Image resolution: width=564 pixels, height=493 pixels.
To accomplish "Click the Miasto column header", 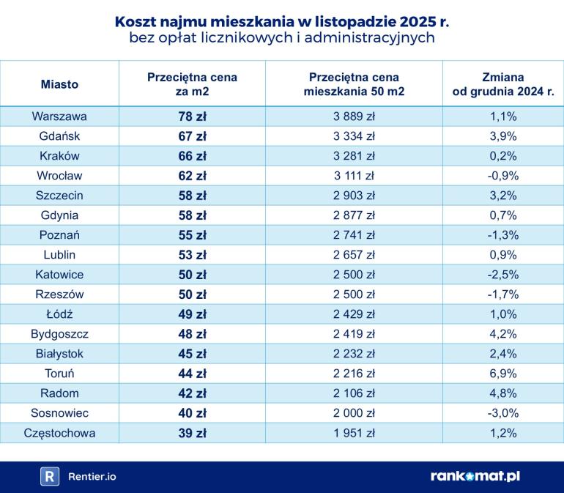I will [x=59, y=84].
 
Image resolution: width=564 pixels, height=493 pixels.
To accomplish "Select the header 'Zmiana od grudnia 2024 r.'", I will [x=503, y=84].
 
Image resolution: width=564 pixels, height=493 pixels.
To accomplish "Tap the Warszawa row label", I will [x=59, y=116].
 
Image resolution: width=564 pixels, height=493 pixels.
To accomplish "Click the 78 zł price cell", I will [x=192, y=116].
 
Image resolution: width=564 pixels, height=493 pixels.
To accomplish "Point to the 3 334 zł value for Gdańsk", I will [x=355, y=136].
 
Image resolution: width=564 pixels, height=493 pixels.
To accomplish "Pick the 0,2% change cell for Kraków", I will [x=503, y=155].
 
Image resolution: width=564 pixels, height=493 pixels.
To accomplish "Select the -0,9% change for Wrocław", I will [x=503, y=175].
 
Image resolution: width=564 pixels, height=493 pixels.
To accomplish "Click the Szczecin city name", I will [x=59, y=195].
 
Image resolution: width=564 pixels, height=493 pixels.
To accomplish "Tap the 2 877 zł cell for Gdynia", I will [x=355, y=215].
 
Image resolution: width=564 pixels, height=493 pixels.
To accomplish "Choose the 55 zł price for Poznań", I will [x=192, y=234].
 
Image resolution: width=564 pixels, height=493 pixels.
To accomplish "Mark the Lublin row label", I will [x=59, y=254].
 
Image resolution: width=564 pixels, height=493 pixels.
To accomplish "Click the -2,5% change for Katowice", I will [x=503, y=274].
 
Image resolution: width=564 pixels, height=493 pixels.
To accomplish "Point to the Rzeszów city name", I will [x=59, y=294].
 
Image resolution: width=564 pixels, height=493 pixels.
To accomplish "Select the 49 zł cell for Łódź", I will [x=192, y=314].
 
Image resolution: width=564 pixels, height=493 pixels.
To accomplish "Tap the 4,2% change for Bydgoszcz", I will [x=503, y=333].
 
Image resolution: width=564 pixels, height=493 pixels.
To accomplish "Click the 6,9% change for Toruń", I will [x=503, y=373].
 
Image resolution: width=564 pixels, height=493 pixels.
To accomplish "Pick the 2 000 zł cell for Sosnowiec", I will [x=355, y=412].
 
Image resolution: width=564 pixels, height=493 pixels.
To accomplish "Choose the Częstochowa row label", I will [x=59, y=432].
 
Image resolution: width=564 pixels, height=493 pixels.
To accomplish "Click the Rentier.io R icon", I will [x=49, y=476].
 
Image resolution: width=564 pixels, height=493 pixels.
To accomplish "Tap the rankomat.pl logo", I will [x=475, y=476].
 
